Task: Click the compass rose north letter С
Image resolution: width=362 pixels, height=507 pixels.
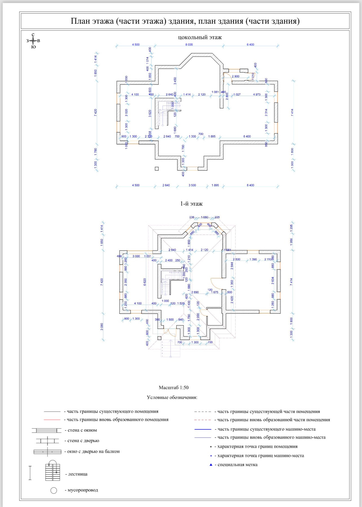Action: (x=33, y=35)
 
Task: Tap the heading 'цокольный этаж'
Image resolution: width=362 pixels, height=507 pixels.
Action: (x=200, y=37)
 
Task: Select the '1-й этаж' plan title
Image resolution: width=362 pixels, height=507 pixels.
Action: (x=191, y=204)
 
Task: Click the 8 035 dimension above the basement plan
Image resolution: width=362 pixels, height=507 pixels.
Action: (x=189, y=45)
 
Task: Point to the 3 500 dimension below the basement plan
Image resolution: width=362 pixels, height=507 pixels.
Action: (x=192, y=185)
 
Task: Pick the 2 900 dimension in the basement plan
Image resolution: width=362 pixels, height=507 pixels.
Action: (x=235, y=76)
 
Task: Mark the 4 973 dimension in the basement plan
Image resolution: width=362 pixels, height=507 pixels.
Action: (x=257, y=94)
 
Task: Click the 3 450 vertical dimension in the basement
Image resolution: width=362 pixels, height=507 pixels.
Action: (x=175, y=81)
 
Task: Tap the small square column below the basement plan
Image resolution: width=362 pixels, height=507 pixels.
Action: (x=157, y=169)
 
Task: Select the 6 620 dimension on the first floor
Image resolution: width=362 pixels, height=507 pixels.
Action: (x=145, y=282)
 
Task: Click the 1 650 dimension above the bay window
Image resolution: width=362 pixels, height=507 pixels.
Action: (x=204, y=217)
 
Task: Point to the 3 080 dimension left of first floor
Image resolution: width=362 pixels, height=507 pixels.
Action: (x=102, y=327)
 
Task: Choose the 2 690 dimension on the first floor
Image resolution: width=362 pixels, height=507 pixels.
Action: (x=195, y=292)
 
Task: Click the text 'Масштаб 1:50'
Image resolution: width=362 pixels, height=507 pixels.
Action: (x=174, y=388)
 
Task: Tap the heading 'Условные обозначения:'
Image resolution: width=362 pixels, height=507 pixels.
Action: (x=172, y=397)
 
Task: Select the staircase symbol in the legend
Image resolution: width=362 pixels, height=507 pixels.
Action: (x=53, y=472)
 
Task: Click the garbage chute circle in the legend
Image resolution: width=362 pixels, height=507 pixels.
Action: (x=54, y=490)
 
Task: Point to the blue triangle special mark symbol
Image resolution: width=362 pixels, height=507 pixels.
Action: (x=211, y=465)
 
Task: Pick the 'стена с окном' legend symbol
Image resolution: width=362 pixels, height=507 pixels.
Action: (x=47, y=430)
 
